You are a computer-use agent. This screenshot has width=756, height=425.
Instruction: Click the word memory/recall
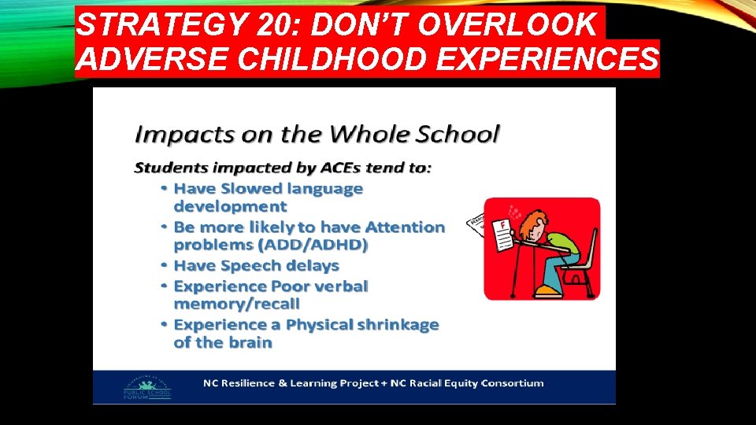237,304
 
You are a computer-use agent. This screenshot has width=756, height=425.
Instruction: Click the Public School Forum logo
147,386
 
